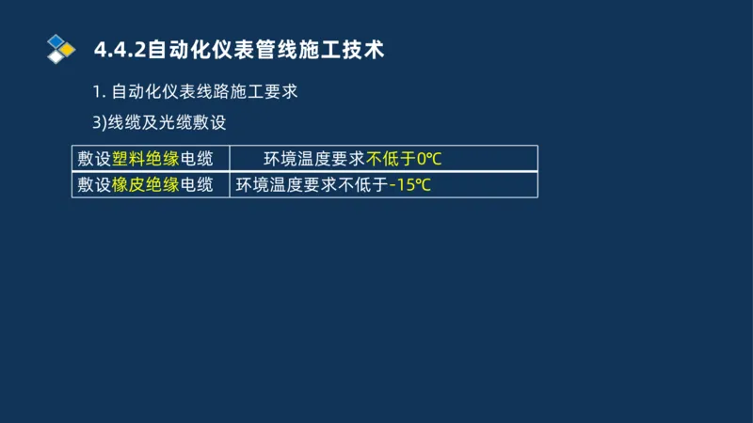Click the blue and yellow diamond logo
60,48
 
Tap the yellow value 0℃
429,158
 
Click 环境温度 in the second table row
269,184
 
